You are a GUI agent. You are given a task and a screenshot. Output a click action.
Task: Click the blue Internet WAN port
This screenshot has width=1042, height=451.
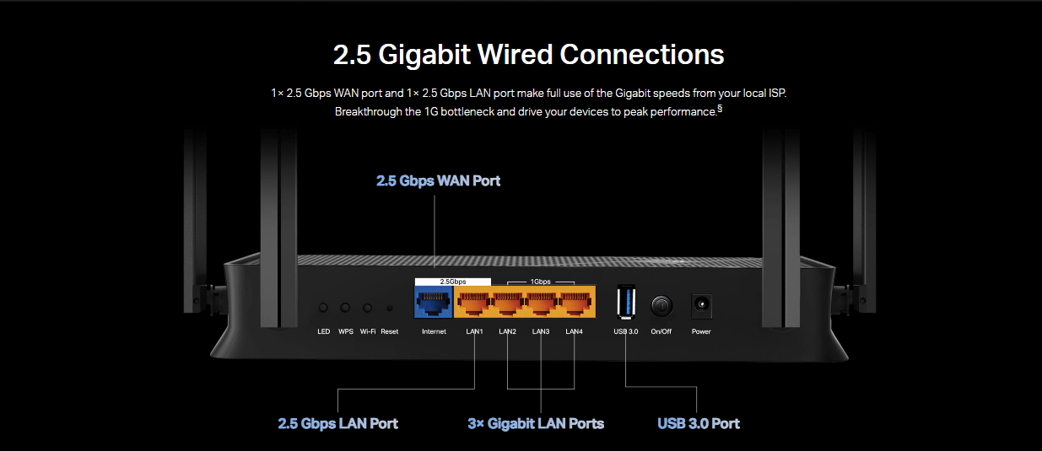(434, 302)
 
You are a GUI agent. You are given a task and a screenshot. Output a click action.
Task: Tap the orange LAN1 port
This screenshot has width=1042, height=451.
(474, 302)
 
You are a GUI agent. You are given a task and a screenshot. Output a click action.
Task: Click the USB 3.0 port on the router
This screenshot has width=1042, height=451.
(626, 302)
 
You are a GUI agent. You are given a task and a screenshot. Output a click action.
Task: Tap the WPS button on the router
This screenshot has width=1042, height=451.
(345, 309)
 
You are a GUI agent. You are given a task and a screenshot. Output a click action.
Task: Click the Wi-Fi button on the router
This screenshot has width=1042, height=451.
(368, 309)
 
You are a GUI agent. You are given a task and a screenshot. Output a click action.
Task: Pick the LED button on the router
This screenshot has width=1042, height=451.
(323, 309)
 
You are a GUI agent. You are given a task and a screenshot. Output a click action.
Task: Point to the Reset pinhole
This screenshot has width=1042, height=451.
(389, 309)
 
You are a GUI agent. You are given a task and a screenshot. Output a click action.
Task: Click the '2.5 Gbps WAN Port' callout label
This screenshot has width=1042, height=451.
(438, 180)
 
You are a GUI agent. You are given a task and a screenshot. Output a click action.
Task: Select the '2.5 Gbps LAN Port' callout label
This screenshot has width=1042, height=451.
(337, 423)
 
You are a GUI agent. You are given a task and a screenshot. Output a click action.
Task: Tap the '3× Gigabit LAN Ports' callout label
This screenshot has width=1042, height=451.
(536, 423)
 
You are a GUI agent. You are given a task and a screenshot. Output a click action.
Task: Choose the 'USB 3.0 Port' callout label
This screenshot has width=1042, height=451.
(699, 423)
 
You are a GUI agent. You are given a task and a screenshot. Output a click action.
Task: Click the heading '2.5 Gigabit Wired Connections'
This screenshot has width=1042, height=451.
(528, 55)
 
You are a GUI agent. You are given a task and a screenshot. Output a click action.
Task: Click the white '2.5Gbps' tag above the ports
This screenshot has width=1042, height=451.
(453, 281)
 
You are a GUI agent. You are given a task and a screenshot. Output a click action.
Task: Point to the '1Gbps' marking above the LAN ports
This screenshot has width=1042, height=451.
(540, 282)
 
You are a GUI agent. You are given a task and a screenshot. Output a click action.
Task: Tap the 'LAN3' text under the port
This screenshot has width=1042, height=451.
(541, 331)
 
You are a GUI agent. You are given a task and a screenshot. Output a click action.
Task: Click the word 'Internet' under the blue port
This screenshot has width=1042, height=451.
(434, 331)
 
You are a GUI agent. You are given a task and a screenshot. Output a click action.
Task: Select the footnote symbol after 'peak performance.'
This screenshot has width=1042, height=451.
(719, 108)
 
